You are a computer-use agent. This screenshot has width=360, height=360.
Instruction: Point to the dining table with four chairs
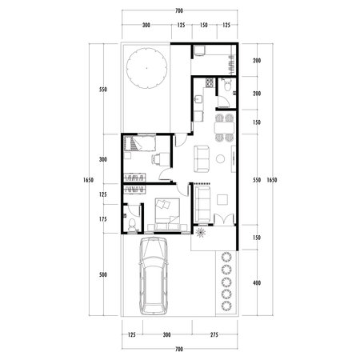coord(225,127)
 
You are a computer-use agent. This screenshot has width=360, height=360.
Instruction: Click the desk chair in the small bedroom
coord(161,158)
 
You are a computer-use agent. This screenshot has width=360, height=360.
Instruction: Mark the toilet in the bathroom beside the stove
coord(228,85)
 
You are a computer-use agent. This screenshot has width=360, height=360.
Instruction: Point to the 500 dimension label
coord(102,275)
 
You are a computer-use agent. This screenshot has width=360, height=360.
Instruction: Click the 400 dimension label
coord(256,282)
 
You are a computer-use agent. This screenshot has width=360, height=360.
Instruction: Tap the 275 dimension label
coord(215,335)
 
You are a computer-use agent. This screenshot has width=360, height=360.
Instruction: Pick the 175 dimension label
coord(102,219)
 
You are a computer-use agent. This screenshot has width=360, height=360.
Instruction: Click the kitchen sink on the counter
coord(197,100)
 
